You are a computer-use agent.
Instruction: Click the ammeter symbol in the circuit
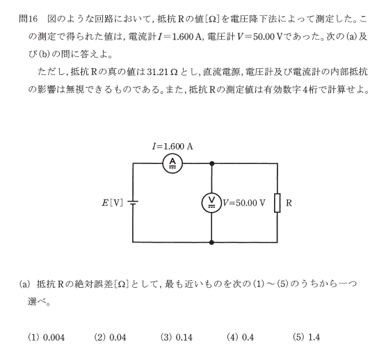[x=172, y=163]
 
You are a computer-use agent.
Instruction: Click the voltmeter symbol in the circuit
[x=211, y=203]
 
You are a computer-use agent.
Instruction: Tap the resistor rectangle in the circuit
[x=278, y=203]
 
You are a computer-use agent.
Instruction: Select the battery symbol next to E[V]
[x=133, y=203]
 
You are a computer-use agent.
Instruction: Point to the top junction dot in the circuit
[x=211, y=163]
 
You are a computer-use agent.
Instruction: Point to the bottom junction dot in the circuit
[x=211, y=243]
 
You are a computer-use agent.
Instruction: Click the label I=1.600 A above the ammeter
[x=172, y=147]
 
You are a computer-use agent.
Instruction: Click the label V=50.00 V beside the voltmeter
[x=244, y=203]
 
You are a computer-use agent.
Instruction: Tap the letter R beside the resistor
[x=289, y=203]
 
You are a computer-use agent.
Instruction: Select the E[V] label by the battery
[x=112, y=203]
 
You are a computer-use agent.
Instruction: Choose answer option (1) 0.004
[x=47, y=337]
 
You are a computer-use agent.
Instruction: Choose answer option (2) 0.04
[x=110, y=337]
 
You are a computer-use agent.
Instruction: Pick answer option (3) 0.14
[x=176, y=337]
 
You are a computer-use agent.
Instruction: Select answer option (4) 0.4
[x=240, y=337]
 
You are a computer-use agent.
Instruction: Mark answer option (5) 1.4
[x=307, y=337]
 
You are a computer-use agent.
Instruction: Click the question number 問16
[x=28, y=19]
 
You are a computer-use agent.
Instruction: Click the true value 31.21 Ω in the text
[x=162, y=72]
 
